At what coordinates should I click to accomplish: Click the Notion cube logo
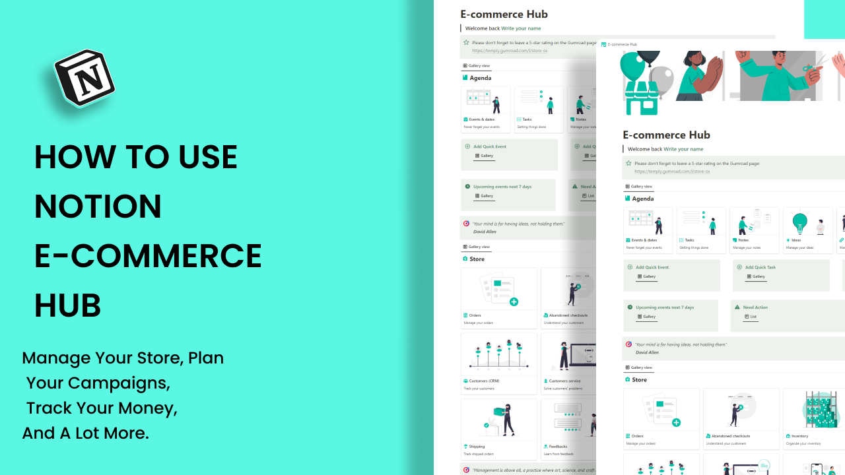pos(84,78)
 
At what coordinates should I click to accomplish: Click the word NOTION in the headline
pos(98,206)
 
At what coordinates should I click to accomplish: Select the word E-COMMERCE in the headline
pos(148,256)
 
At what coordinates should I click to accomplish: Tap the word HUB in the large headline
pos(67,305)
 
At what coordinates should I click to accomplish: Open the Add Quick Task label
pos(760,267)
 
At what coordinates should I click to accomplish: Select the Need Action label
pos(755,307)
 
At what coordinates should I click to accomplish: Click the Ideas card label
pos(795,240)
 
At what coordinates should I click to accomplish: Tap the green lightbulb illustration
pos(799,221)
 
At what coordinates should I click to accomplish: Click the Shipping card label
pos(476,447)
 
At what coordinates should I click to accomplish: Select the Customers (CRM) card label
pos(484,381)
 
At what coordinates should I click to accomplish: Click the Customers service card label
pos(564,381)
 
